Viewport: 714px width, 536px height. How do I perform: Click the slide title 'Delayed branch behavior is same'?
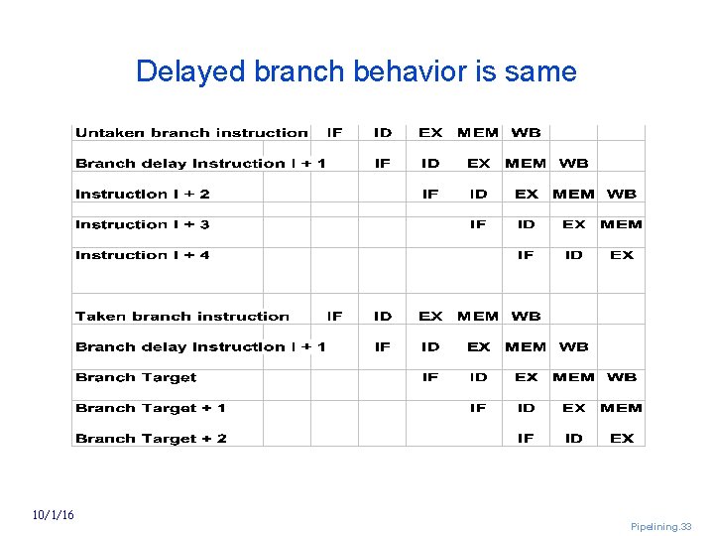coord(356,71)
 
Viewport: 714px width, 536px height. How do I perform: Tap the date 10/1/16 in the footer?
coord(52,514)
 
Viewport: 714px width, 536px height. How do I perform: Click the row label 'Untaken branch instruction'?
coord(191,133)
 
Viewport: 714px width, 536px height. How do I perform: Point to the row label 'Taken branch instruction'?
coord(182,317)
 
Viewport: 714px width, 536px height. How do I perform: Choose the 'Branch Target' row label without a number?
coord(136,377)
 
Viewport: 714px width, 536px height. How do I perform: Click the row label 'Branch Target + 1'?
coord(151,408)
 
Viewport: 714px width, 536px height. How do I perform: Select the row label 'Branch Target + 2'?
coord(151,439)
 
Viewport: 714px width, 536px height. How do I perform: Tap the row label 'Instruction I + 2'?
coord(143,195)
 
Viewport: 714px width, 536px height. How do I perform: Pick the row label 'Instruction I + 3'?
coord(143,225)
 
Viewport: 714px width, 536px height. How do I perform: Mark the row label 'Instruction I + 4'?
coord(143,255)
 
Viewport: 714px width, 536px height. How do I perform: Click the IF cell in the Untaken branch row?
coord(335,133)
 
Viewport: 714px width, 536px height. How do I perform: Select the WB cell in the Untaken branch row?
coord(526,133)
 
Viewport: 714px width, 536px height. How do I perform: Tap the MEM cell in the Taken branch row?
coord(478,317)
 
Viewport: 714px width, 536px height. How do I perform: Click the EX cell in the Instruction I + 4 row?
coord(622,255)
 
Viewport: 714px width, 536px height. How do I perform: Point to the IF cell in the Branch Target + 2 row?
coord(526,439)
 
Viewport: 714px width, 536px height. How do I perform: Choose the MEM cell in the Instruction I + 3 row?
coord(622,225)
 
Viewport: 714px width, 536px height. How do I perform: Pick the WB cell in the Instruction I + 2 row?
coord(622,195)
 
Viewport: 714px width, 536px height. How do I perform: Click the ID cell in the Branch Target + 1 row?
coord(526,408)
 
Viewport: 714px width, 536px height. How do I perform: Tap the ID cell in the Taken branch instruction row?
coord(383,317)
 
